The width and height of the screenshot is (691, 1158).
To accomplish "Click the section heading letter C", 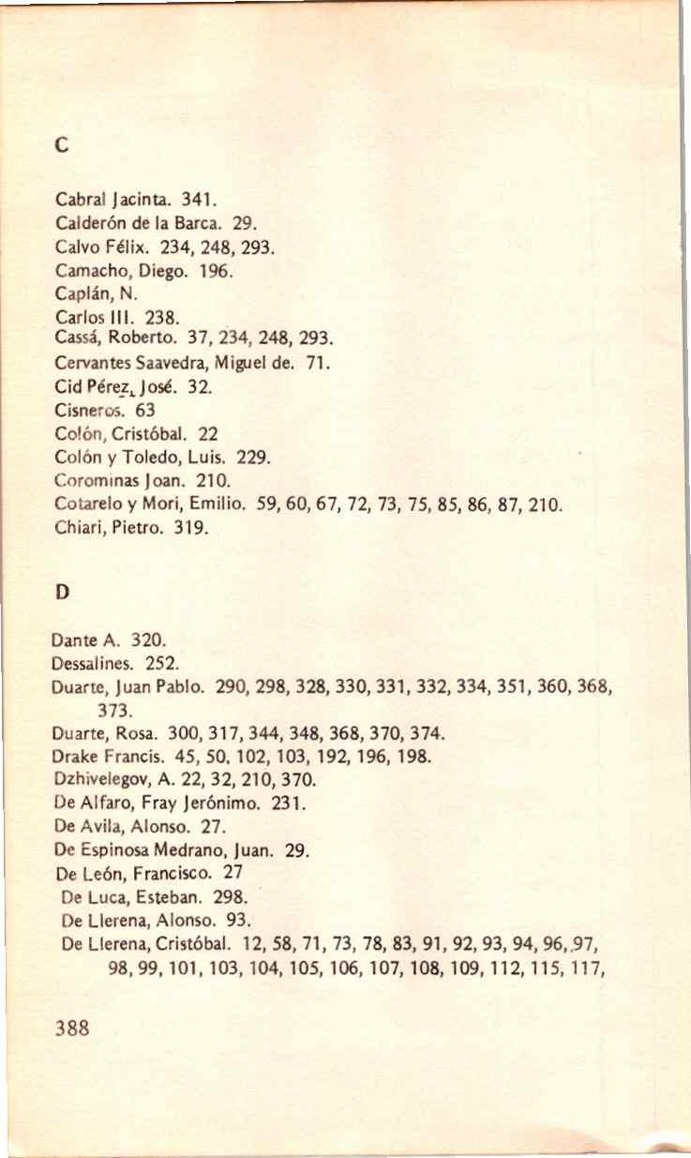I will coord(61,146).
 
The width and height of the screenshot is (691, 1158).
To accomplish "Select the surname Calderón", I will coord(87,225).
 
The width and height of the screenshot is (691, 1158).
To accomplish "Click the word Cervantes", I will coord(91,360).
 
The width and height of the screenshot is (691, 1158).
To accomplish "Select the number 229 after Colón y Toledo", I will coord(254,459).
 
